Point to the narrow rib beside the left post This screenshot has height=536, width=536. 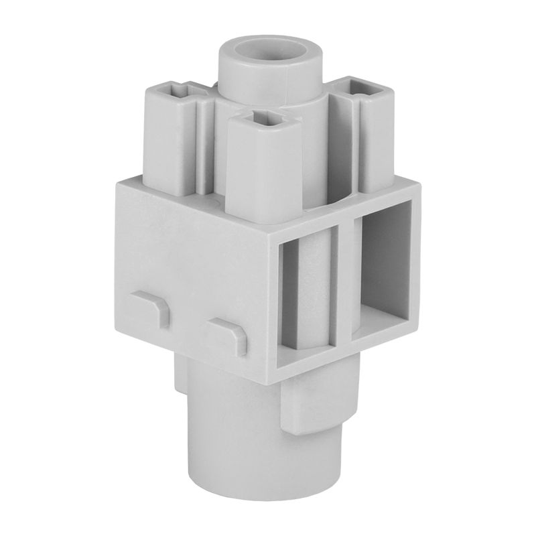(202, 144)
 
